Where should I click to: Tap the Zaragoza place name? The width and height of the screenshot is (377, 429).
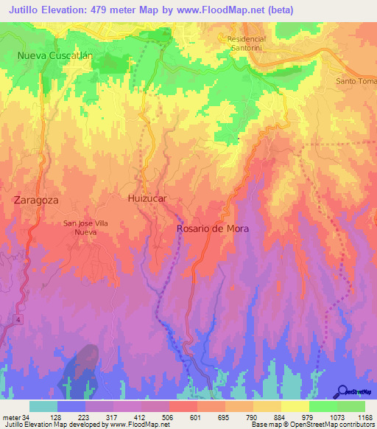[x=36, y=200]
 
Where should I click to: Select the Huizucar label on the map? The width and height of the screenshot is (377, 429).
[x=144, y=199]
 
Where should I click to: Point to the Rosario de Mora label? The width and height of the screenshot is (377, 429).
[x=213, y=229]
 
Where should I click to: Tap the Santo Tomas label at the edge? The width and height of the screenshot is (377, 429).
[x=356, y=81]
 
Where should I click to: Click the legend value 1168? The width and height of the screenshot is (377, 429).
[x=356, y=416]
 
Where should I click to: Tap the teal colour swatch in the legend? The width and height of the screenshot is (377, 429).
[x=43, y=406]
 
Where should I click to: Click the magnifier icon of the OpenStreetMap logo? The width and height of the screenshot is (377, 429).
[x=342, y=391]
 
